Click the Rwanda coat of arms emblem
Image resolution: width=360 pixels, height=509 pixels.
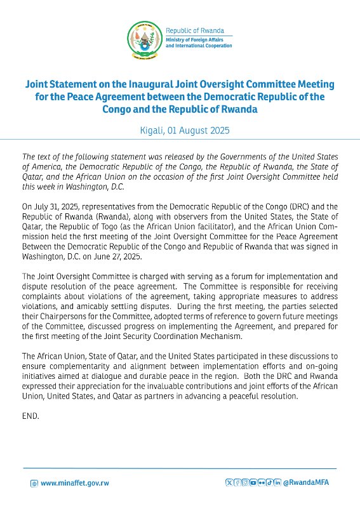click(143, 39)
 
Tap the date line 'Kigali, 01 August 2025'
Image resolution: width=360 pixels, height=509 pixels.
click(180, 131)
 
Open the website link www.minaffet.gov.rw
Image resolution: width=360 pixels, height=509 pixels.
click(75, 483)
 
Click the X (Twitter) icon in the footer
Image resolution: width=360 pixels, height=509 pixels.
click(229, 483)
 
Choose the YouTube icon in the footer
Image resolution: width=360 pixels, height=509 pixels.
click(253, 483)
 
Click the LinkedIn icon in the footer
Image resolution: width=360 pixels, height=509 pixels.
click(278, 483)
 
